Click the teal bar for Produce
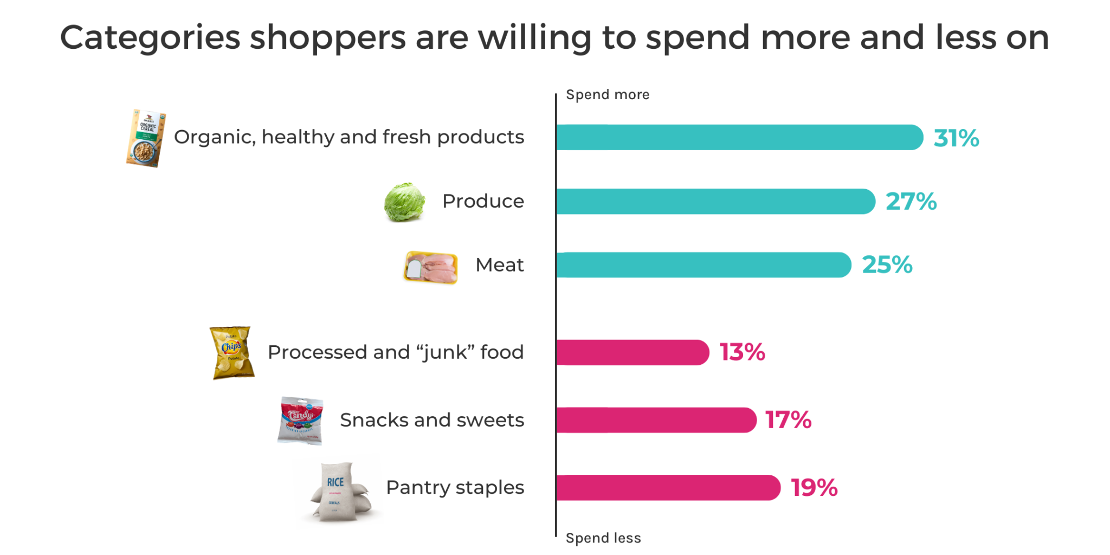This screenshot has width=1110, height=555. (715, 202)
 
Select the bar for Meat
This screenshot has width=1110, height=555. (704, 265)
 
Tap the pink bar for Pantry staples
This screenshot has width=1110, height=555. (668, 488)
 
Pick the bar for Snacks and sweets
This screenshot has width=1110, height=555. (656, 420)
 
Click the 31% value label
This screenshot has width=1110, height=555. (956, 138)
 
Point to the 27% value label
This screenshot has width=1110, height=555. (911, 202)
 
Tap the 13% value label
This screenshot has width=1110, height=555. (742, 352)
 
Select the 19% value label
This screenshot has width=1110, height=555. (814, 488)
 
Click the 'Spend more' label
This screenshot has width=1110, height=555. (608, 95)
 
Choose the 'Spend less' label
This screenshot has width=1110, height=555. (603, 538)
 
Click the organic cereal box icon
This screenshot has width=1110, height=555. (146, 138)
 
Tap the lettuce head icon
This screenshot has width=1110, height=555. (404, 202)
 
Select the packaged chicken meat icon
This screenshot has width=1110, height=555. (431, 267)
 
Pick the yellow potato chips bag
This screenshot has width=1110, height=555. (232, 353)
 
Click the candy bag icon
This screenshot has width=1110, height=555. (301, 421)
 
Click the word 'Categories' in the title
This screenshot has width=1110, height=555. (150, 38)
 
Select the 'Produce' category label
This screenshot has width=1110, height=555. (483, 202)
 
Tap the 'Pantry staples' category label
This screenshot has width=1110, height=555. (455, 488)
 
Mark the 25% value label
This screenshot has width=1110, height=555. (887, 265)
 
